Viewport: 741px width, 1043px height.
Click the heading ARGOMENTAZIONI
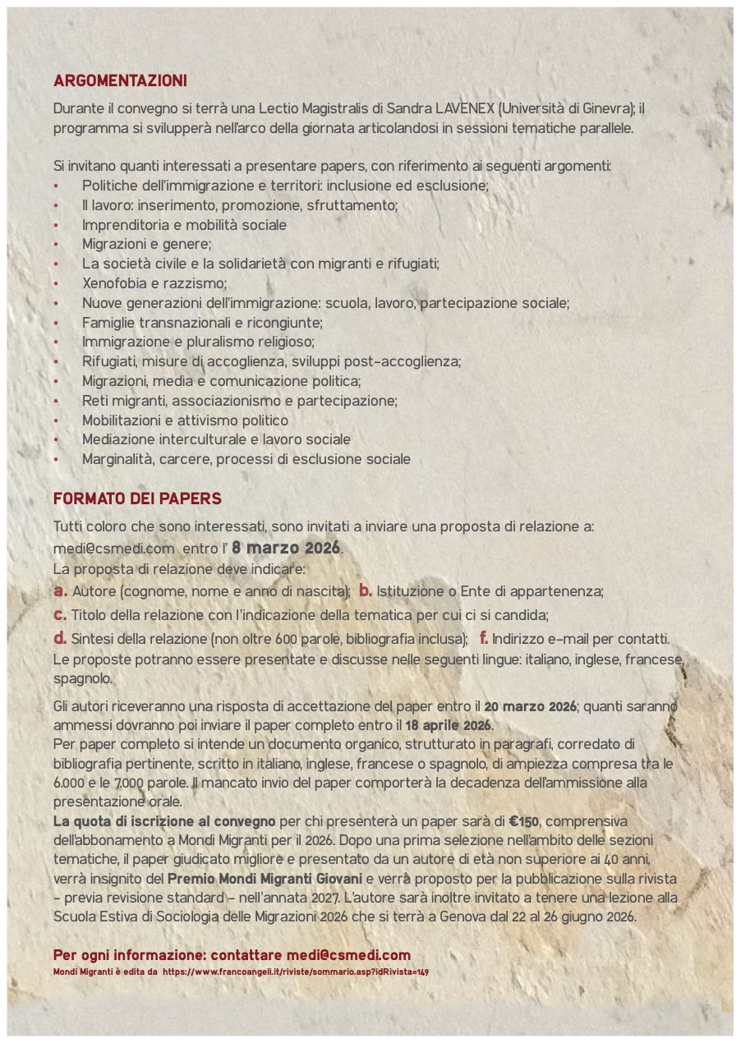click(120, 81)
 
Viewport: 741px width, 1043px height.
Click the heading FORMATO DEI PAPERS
click(137, 499)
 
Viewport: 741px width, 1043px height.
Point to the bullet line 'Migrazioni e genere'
click(146, 244)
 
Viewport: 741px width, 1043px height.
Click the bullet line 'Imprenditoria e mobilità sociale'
click(184, 224)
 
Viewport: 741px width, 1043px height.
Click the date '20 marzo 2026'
click(530, 706)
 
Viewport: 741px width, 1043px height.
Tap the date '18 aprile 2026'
click(448, 726)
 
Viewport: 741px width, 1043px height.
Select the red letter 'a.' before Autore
click(60, 590)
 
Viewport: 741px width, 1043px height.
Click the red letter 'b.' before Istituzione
click(366, 590)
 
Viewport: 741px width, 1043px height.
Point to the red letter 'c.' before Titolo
click(60, 614)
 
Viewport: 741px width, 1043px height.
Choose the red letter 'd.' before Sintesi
click(60, 638)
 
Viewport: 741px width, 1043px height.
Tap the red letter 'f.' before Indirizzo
click(484, 638)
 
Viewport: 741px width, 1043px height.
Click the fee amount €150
click(523, 821)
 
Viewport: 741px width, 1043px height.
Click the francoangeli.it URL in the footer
click(296, 972)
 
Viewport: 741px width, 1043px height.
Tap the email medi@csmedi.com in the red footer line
click(348, 955)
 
